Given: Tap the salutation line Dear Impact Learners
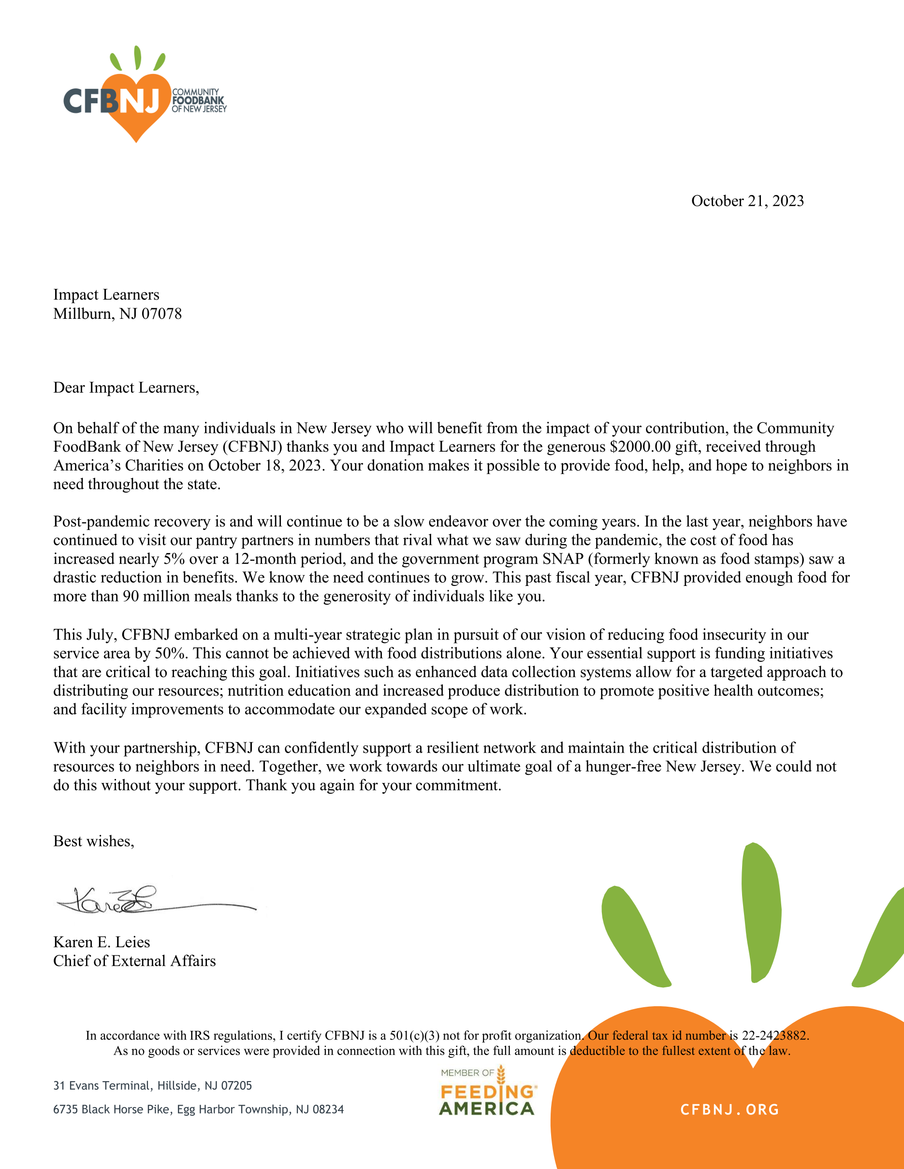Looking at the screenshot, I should tap(126, 387).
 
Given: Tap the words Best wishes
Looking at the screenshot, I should tap(93, 841).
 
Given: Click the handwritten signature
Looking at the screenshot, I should tap(134, 901).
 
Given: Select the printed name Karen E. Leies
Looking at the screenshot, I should tap(101, 942).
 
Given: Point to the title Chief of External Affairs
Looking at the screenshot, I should tap(134, 961).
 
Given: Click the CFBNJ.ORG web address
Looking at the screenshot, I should tap(729, 1110).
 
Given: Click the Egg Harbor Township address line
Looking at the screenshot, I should tap(198, 1109).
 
